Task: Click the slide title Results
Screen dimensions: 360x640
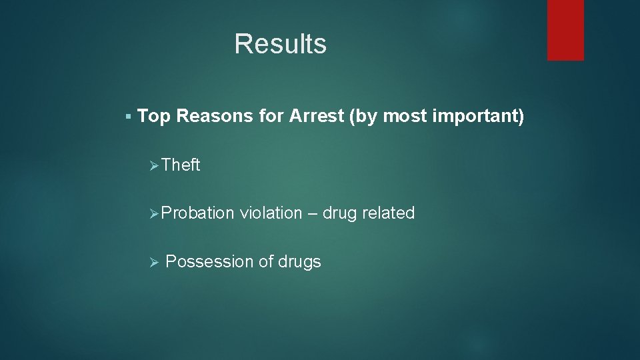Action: (x=280, y=44)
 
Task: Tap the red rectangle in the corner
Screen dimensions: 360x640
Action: (x=565, y=30)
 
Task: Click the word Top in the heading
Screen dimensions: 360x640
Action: (x=155, y=117)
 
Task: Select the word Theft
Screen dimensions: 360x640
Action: (x=181, y=165)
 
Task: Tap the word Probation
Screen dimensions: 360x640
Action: (x=197, y=213)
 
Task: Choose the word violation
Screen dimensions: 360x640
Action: (x=271, y=213)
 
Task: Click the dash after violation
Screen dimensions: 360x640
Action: (x=313, y=214)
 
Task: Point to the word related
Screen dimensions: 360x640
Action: (x=389, y=213)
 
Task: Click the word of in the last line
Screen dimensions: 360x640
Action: (x=265, y=262)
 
